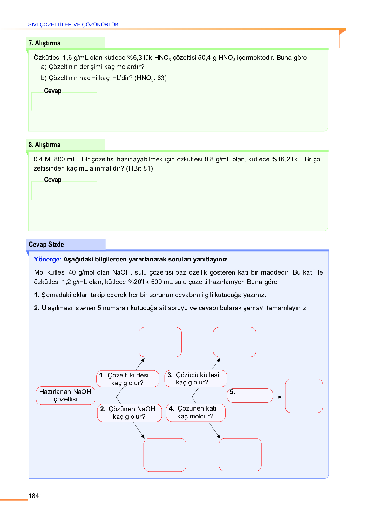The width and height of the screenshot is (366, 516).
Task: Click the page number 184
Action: click(34, 496)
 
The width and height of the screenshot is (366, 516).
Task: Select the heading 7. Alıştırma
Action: click(44, 43)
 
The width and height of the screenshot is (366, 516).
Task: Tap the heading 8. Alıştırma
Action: click(44, 145)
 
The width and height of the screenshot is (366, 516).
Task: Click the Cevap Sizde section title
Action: click(46, 245)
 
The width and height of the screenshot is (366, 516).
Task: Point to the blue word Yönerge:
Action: click(48, 259)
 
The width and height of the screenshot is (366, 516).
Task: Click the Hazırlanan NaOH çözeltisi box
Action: click(65, 396)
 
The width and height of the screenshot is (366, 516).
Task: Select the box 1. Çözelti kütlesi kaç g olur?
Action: click(127, 379)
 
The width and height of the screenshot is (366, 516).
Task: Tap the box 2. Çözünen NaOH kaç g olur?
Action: click(129, 413)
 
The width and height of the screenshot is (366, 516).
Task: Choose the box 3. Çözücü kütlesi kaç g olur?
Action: click(196, 378)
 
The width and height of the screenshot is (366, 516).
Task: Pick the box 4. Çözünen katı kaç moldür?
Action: click(196, 412)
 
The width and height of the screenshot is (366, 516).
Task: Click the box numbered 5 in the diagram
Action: click(250, 395)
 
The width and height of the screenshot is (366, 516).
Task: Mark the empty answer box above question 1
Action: click(160, 342)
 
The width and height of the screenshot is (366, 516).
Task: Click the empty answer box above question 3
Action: click(234, 342)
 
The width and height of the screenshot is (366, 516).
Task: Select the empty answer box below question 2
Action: click(165, 455)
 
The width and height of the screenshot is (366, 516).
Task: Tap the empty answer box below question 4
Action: click(240, 455)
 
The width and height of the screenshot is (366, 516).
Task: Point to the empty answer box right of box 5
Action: click(304, 396)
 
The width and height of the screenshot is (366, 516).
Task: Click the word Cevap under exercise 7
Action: click(53, 91)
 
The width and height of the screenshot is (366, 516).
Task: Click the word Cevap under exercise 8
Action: click(53, 180)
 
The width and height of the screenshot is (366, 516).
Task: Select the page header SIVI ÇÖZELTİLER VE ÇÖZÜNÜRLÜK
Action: click(73, 24)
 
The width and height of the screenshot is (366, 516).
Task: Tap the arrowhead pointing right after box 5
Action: click(280, 397)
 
